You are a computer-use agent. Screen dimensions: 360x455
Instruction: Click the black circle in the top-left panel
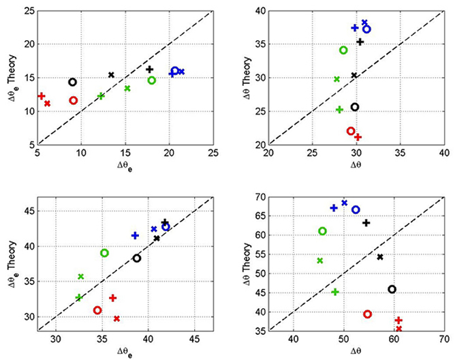pos(72,82)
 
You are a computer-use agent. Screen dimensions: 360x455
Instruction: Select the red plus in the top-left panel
pos(42,96)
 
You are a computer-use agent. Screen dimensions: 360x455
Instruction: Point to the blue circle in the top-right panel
pos(366,29)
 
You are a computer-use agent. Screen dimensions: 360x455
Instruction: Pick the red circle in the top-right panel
pos(351,131)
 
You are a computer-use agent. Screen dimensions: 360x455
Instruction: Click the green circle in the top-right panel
pos(343,50)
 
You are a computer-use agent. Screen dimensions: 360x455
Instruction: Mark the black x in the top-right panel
pos(354,76)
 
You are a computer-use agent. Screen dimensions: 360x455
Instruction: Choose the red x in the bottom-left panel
pos(116,318)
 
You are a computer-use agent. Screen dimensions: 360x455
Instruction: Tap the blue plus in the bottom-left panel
pos(135,235)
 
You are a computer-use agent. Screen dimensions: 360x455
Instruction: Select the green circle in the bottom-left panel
pos(105,253)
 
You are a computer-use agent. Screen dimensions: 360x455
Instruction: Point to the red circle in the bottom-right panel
pos(367,314)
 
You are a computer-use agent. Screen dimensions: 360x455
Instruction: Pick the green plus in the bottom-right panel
pos(334,292)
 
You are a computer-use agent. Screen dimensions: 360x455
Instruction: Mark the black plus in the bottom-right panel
pos(366,223)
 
